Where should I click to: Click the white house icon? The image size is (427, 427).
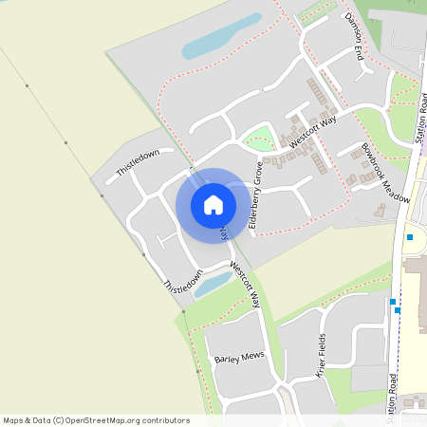tap(213, 204)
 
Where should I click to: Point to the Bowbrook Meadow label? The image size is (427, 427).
tap(385, 173)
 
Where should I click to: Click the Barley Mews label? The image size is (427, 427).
tap(237, 359)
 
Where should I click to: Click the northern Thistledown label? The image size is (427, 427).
tap(139, 162)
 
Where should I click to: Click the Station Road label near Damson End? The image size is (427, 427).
tap(421, 120)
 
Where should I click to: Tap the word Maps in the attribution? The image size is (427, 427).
tap(13, 420)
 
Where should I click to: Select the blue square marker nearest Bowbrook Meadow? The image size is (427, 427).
tap(410, 236)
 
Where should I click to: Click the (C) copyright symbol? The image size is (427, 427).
tap(59, 420)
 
